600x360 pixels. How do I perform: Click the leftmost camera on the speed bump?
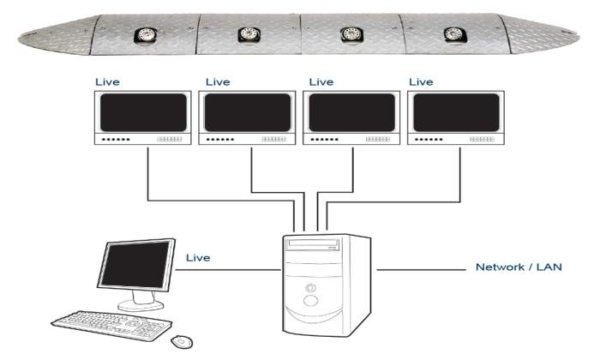coord(143,35)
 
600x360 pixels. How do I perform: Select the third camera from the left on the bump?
coord(351,34)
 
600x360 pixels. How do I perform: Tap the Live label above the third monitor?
coord(321,82)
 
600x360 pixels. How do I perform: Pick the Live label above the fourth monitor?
coord(422,82)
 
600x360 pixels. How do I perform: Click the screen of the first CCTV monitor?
coord(144,112)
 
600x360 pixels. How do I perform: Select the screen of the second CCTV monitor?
coord(249,112)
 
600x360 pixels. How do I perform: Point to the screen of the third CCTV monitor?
coord(351,112)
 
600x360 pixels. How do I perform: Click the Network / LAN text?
coord(519,267)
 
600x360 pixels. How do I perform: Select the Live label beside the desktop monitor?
coord(198,257)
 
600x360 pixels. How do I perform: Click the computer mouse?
coord(182,341)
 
